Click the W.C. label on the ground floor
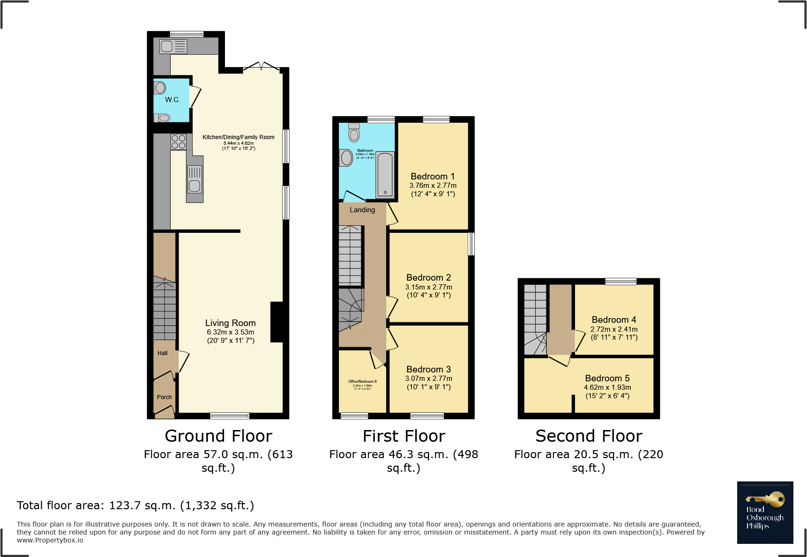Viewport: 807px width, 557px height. (172, 100)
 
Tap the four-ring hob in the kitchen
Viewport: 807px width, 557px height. (178, 142)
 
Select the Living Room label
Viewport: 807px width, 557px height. (230, 323)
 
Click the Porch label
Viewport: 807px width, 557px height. (164, 397)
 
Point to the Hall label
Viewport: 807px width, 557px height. (163, 353)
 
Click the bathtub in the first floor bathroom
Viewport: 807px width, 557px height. (385, 175)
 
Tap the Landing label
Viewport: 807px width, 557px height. (362, 210)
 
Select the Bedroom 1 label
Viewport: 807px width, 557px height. (432, 177)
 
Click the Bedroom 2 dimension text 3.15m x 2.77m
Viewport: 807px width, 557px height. (428, 287)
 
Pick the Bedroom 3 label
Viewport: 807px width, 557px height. (428, 369)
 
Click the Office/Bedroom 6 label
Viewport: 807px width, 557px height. (362, 381)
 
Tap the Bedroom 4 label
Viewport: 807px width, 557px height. (613, 319)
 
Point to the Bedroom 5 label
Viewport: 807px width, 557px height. (607, 378)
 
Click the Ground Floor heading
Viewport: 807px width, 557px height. (218, 436)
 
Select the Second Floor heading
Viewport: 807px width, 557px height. (589, 436)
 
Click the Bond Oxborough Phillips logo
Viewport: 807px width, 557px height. (765, 512)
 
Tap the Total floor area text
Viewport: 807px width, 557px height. (135, 505)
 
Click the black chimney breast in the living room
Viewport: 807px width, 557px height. (277, 322)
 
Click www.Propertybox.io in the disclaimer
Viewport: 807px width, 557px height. (50, 540)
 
